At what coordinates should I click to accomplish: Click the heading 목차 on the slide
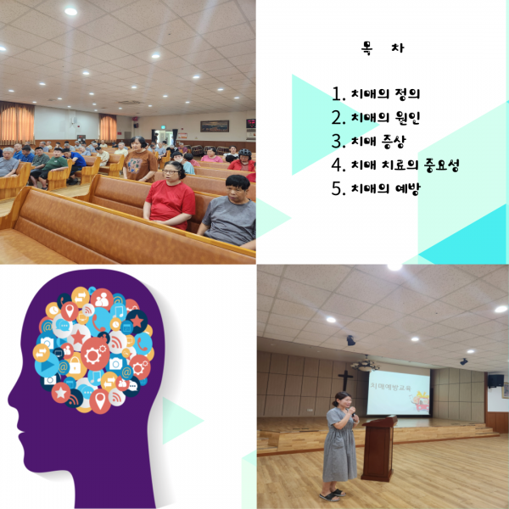tap(383, 48)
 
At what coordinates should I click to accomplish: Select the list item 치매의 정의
tap(386, 94)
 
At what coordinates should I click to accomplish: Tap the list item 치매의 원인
tap(386, 117)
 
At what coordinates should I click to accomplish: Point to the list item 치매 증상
tap(378, 141)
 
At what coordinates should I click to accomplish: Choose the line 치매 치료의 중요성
tap(406, 165)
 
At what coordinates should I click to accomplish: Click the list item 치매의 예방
tap(386, 188)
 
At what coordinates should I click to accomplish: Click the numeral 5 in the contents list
tap(338, 188)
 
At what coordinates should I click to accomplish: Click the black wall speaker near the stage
tap(495, 381)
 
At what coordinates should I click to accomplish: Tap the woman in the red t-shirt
tap(170, 197)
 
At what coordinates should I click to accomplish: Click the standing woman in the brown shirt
tap(140, 160)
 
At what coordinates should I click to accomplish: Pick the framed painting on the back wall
tap(215, 126)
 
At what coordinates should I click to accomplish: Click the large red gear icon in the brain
tap(95, 355)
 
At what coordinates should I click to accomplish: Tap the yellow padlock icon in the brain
tap(76, 366)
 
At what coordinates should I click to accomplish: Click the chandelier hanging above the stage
tap(365, 364)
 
